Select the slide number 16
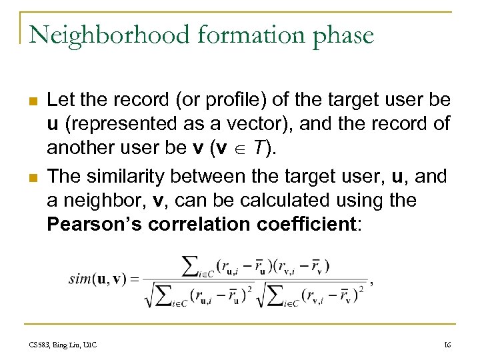pos(447,344)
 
